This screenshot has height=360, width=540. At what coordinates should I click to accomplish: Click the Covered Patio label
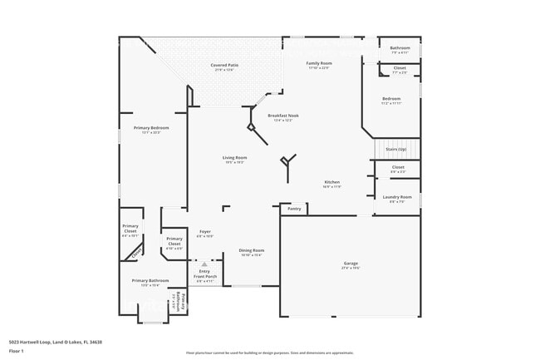(x=223, y=65)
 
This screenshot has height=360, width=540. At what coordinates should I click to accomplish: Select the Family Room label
(x=319, y=64)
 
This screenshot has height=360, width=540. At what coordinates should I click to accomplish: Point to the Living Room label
(x=234, y=158)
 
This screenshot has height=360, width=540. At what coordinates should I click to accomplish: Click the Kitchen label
(x=331, y=182)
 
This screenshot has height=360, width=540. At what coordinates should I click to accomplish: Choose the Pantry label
(x=294, y=209)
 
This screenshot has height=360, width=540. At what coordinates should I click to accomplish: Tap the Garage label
(x=351, y=264)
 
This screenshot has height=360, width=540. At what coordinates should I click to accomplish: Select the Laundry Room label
(x=397, y=197)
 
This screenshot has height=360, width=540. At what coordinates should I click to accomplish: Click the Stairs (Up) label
(x=397, y=150)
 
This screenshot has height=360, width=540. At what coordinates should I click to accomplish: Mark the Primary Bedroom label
(x=151, y=128)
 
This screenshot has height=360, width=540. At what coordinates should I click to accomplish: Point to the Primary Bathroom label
(x=150, y=281)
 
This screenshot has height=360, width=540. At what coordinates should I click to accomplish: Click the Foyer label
(x=205, y=232)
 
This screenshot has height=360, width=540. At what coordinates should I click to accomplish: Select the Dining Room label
(x=252, y=250)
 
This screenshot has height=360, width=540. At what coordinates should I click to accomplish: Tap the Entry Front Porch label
(x=205, y=276)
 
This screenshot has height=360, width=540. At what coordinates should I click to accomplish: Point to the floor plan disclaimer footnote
(x=269, y=353)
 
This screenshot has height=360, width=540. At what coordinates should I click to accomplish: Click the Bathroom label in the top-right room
(x=400, y=48)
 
